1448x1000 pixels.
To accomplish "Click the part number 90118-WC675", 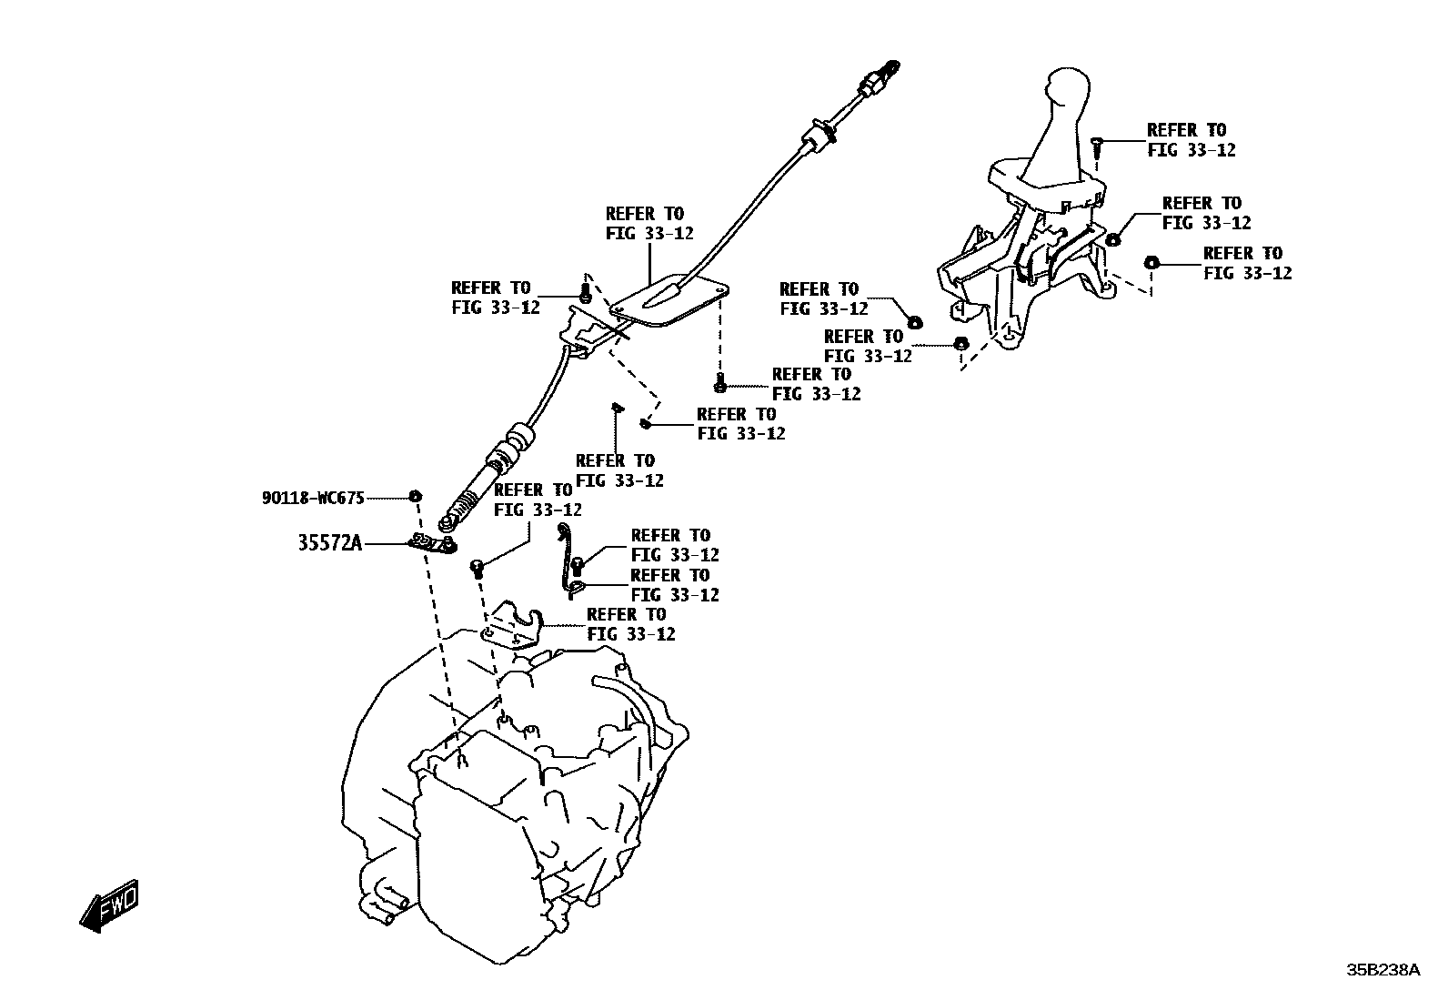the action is (313, 498).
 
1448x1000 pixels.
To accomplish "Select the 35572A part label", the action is (329, 542).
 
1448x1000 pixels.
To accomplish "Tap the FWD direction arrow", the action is (109, 905).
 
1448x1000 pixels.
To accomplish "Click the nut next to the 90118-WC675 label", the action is (415, 496).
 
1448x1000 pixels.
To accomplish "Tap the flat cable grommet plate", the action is (669, 300).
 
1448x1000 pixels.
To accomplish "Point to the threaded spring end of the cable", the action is (463, 503).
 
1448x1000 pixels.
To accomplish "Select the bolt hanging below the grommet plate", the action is (719, 383).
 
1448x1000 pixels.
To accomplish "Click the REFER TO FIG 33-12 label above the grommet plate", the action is (649, 223).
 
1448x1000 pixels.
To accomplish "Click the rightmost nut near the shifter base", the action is (1151, 263).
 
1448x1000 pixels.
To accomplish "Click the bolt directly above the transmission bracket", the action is (478, 569).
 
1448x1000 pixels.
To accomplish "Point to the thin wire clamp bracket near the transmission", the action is (568, 561).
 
